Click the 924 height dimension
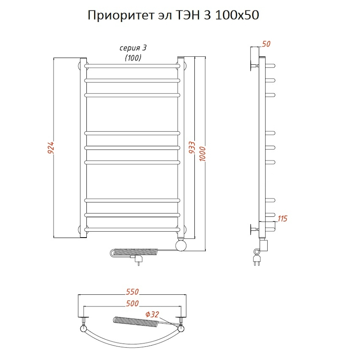pos(51,148)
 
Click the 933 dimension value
pos(192,147)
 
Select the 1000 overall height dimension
pos(202,153)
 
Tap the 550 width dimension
pos(132,292)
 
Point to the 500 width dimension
pos(132,303)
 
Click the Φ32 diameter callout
pos(152,314)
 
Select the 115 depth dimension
pos(282,218)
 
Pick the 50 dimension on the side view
pos(266,44)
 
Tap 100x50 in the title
pos(237,15)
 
